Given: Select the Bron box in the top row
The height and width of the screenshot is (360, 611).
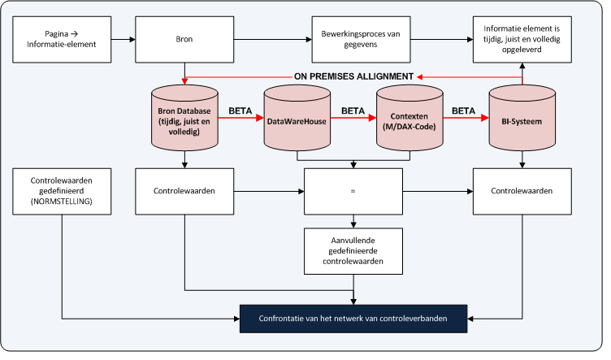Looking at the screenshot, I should pos(185,38).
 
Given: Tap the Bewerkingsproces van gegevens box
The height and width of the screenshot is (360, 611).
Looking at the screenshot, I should pos(353,38).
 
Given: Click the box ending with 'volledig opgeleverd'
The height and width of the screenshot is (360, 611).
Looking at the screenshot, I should pos(521,38).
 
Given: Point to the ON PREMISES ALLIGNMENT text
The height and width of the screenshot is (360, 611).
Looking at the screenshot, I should pos(353,76).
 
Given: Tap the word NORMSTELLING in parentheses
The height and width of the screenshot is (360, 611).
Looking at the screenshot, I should pos(62,200).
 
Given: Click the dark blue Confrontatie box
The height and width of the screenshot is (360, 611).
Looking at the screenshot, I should pos(353,319).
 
